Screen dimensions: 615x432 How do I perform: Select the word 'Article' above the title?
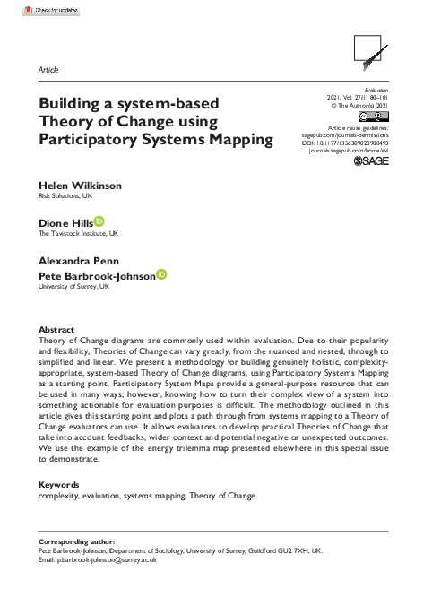point(50,69)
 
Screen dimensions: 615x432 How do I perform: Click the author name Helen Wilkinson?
point(80,186)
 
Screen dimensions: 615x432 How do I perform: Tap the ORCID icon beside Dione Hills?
point(99,221)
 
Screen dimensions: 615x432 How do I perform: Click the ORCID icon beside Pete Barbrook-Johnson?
point(161,275)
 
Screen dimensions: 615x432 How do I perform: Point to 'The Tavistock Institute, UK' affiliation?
point(78,233)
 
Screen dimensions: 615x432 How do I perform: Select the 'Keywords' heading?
point(60,485)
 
